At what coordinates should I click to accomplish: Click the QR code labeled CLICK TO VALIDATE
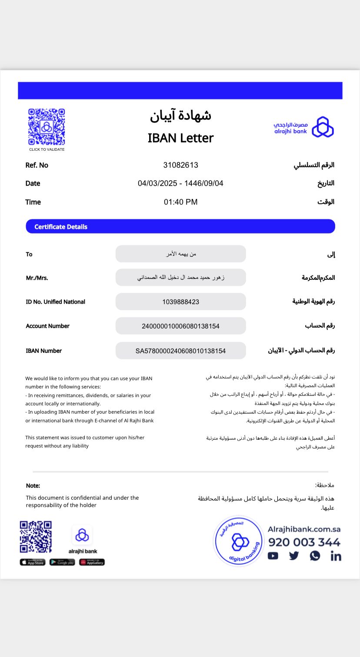point(47,127)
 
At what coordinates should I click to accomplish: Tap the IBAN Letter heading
point(180,138)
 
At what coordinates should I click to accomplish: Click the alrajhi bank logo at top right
point(303,127)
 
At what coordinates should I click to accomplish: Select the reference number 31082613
point(180,165)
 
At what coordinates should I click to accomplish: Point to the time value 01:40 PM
point(180,202)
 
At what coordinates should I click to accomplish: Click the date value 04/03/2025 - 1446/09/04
point(180,183)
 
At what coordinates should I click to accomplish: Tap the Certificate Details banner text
point(61,227)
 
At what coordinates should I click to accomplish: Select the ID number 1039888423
point(180,302)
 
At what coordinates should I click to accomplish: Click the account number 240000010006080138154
point(180,326)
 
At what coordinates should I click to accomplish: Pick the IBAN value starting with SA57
point(180,351)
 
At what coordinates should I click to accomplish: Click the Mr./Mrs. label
point(37,278)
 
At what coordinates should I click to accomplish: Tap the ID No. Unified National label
point(55,302)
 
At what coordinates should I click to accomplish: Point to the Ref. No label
point(37,165)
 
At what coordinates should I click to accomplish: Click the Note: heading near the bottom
point(33,486)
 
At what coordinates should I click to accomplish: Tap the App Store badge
point(33,562)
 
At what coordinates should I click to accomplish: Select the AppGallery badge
point(92,562)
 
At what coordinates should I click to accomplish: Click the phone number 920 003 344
point(304,542)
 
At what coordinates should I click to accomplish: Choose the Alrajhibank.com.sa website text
point(304,529)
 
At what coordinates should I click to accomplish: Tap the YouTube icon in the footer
point(273,556)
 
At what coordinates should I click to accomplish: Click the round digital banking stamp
point(238,541)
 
